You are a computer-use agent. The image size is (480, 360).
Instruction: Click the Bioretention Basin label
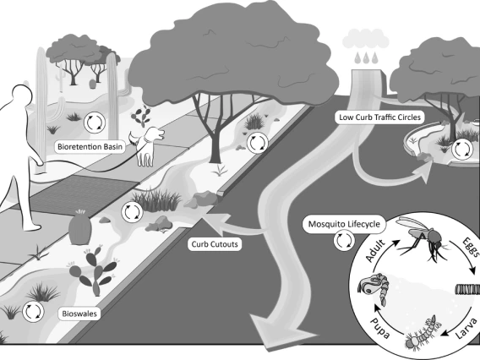tap(92, 146)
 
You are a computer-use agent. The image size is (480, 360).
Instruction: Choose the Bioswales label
tap(82, 313)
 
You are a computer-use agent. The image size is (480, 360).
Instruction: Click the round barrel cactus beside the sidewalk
tap(79, 227)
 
